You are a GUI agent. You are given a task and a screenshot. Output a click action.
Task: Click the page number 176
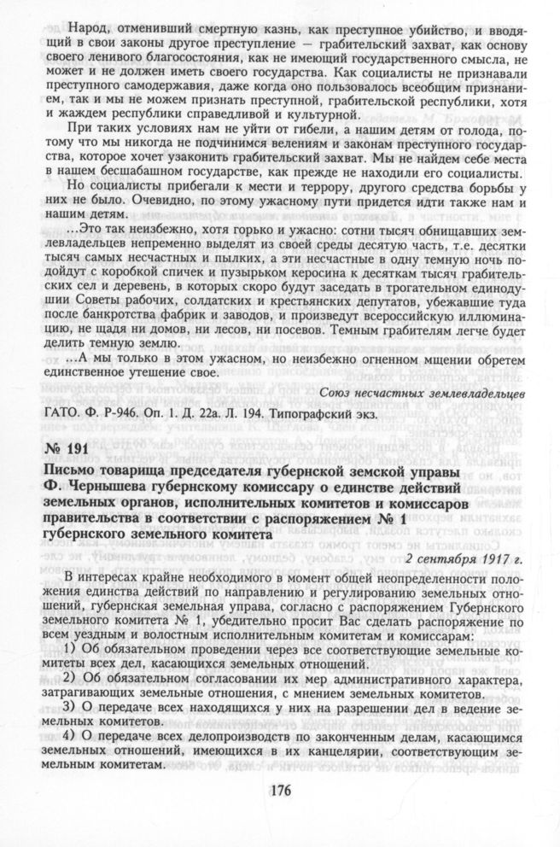tap(280, 787)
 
